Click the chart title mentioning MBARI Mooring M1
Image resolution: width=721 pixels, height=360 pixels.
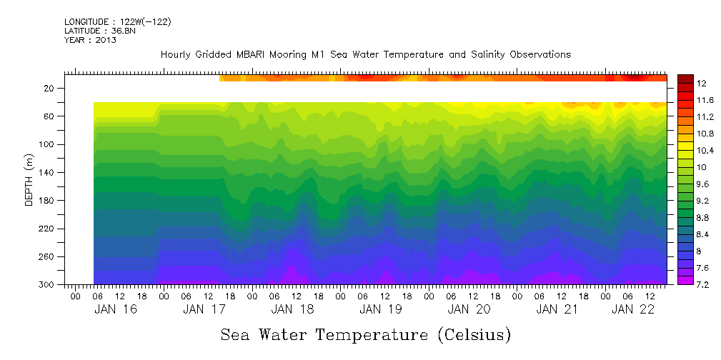(366, 54)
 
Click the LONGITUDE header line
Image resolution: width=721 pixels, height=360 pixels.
(117, 22)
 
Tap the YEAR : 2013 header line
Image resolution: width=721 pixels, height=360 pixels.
(90, 40)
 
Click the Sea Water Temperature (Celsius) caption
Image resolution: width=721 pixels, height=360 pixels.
(366, 334)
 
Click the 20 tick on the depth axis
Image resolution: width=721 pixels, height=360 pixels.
(49, 88)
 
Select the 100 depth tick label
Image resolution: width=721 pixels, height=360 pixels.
(47, 144)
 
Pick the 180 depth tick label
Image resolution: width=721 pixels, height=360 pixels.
(47, 201)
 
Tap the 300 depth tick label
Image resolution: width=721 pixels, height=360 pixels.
(47, 285)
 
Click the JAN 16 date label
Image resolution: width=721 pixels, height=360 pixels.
(116, 309)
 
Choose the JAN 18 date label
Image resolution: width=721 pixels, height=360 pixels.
(293, 309)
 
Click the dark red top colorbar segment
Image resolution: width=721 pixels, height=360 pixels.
(685, 79)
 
